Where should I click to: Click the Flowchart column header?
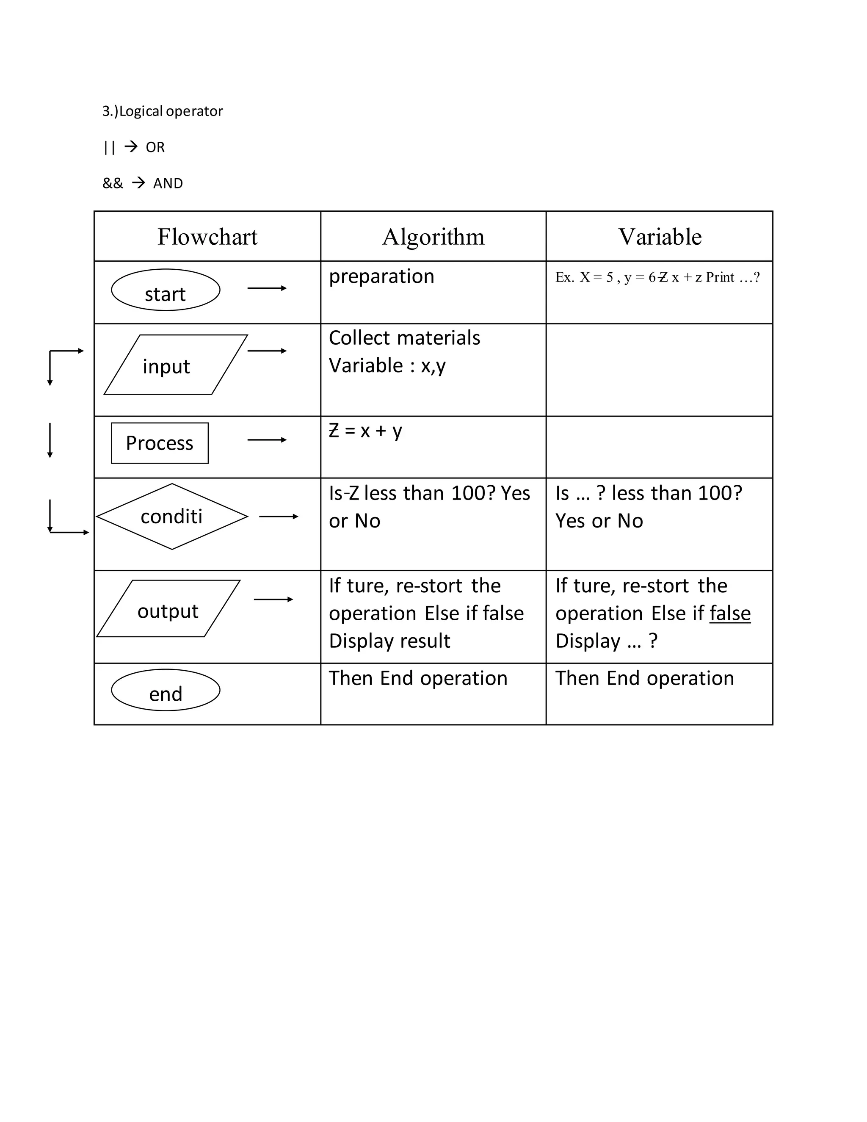207,237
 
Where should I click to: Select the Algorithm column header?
433,237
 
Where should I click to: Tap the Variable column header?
660,237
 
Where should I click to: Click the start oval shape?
166,290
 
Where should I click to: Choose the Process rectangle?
160,443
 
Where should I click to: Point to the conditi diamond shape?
172,516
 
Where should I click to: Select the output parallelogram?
168,609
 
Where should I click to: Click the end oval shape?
166,690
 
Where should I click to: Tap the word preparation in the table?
381,276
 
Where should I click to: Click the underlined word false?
730,614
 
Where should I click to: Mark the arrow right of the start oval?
267,288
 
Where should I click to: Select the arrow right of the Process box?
267,440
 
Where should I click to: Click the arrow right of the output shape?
273,600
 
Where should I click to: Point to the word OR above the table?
155,147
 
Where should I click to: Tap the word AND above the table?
168,183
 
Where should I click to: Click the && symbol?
113,183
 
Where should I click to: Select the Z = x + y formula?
365,431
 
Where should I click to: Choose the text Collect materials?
404,338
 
